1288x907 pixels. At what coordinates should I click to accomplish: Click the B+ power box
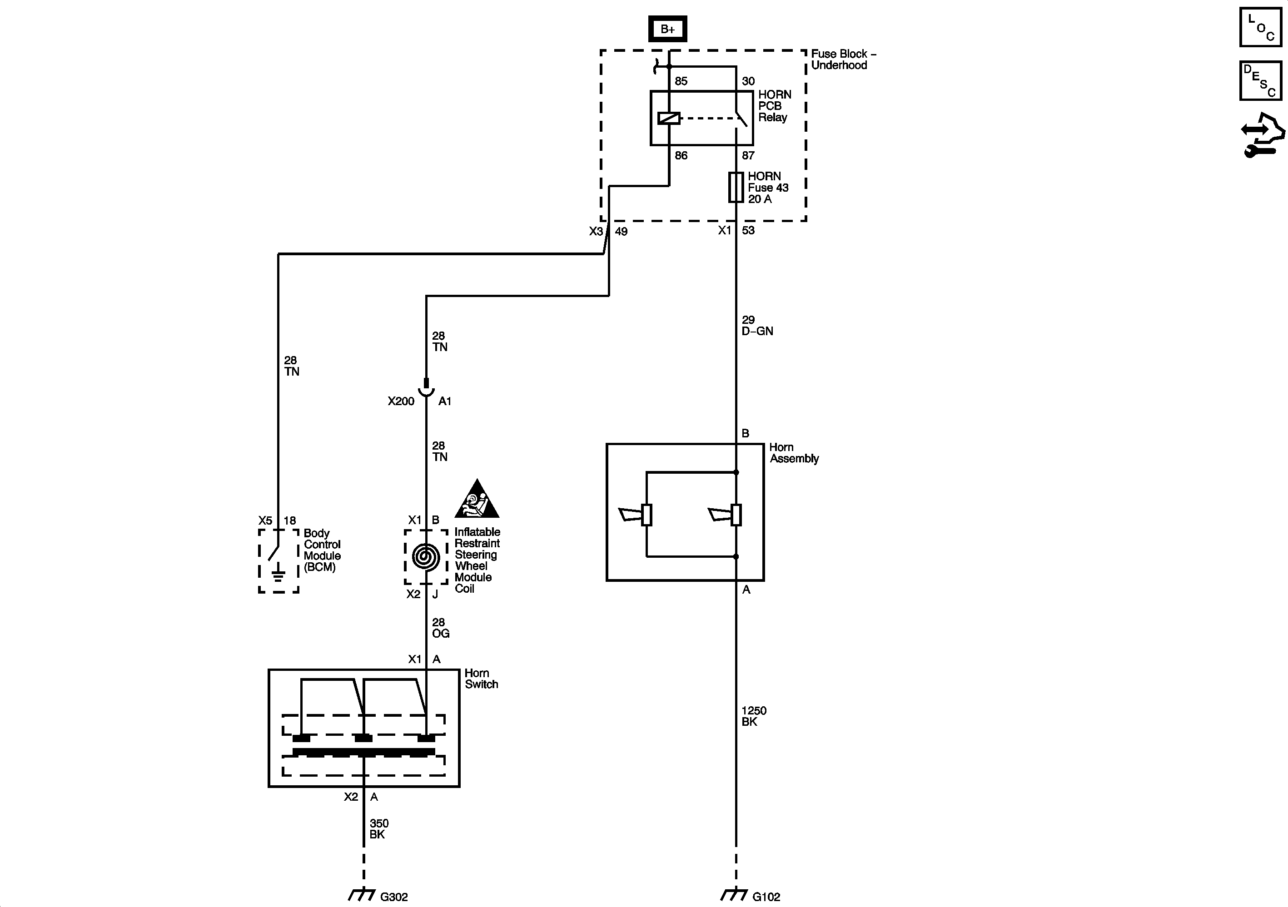pyautogui.click(x=667, y=29)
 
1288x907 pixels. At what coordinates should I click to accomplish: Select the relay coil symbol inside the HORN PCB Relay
pyautogui.click(x=669, y=119)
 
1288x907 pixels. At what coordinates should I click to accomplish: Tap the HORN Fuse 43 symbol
pyautogui.click(x=736, y=187)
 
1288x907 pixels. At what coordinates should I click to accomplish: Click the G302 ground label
pyautogui.click(x=394, y=897)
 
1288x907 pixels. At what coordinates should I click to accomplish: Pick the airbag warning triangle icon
pyautogui.click(x=477, y=500)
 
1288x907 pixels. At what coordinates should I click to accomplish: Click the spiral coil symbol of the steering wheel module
pyautogui.click(x=426, y=557)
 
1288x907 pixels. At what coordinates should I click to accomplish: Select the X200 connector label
pyautogui.click(x=401, y=401)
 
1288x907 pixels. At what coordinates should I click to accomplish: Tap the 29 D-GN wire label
pyautogui.click(x=757, y=325)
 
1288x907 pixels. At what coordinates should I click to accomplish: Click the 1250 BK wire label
pyautogui.click(x=753, y=716)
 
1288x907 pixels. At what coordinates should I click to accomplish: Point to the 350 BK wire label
pyautogui.click(x=378, y=829)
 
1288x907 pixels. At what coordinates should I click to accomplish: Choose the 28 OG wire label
pyautogui.click(x=440, y=628)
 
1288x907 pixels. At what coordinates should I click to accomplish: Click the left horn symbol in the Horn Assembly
pyautogui.click(x=636, y=514)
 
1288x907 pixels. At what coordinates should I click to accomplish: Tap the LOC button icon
pyautogui.click(x=1260, y=27)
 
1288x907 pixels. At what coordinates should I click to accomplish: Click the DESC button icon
pyautogui.click(x=1260, y=81)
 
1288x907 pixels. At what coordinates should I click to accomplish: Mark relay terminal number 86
pyautogui.click(x=681, y=155)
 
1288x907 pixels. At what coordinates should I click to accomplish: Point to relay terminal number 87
pyautogui.click(x=748, y=155)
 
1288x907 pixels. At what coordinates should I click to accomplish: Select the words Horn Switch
pyautogui.click(x=481, y=679)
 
